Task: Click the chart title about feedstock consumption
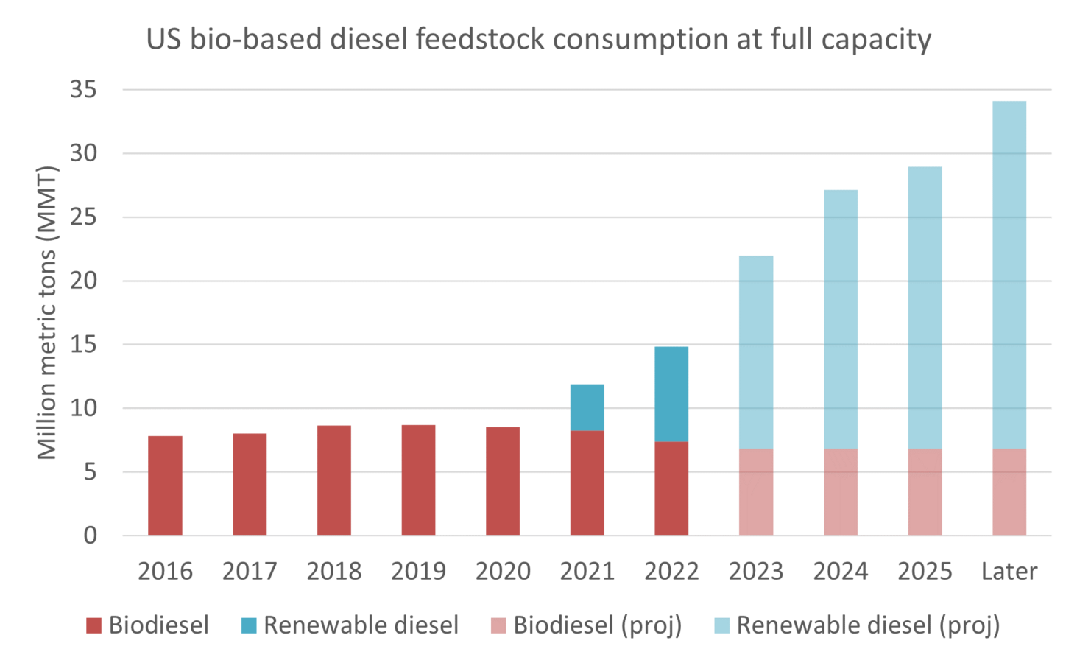(538, 38)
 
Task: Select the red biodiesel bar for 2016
(165, 485)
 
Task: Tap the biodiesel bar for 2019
(418, 480)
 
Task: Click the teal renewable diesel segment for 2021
(587, 407)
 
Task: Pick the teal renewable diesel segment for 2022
(671, 394)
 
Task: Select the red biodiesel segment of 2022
(671, 488)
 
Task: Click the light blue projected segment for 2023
(756, 352)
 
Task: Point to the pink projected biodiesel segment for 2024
(840, 492)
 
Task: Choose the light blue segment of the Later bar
(1009, 275)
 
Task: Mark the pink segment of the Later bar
(1009, 492)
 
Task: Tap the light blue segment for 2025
(925, 308)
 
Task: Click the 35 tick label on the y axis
(83, 90)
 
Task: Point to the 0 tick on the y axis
(90, 536)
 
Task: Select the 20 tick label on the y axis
(83, 281)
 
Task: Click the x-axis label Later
(1009, 572)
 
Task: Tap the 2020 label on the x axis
(503, 572)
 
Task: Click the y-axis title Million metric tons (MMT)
(46, 313)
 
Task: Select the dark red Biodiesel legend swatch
(93, 626)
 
